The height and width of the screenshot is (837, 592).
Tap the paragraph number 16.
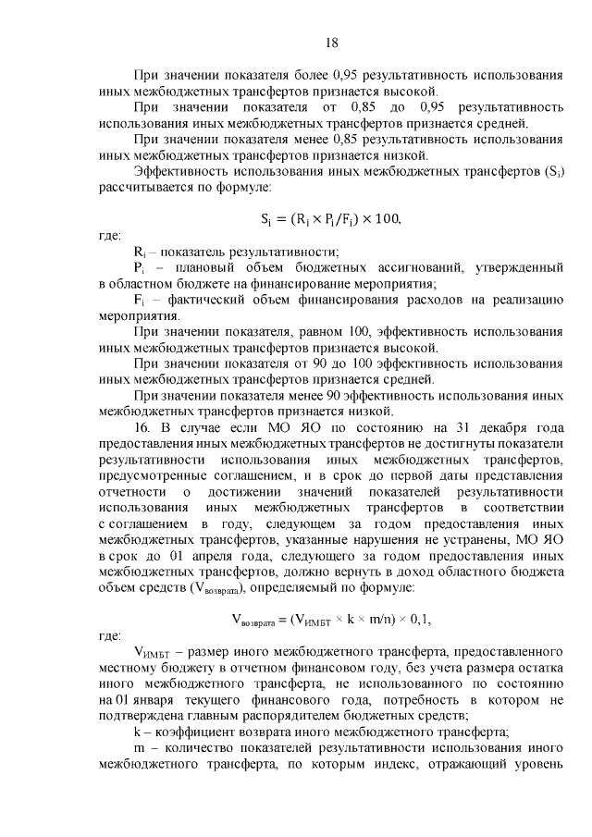142,427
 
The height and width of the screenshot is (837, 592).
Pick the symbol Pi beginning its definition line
139,267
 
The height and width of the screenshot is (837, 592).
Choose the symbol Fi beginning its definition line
139,300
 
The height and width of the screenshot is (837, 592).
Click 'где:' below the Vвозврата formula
110,635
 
